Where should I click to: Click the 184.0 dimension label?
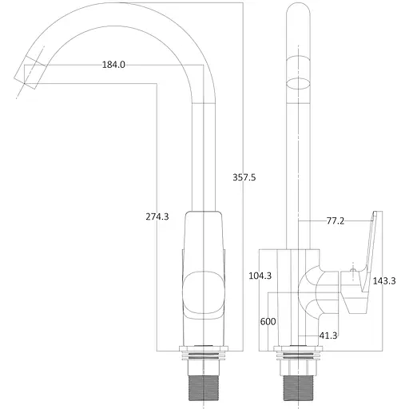pyautogui.click(x=113, y=65)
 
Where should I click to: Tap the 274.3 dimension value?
pyautogui.click(x=157, y=216)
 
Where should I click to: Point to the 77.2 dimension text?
pyautogui.click(x=336, y=220)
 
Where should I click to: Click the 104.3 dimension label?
pyautogui.click(x=260, y=276)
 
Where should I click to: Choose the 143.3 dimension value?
pyautogui.click(x=385, y=280)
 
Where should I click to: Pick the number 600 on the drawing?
pyautogui.click(x=268, y=321)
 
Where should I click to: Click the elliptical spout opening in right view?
pyautogui.click(x=299, y=83)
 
